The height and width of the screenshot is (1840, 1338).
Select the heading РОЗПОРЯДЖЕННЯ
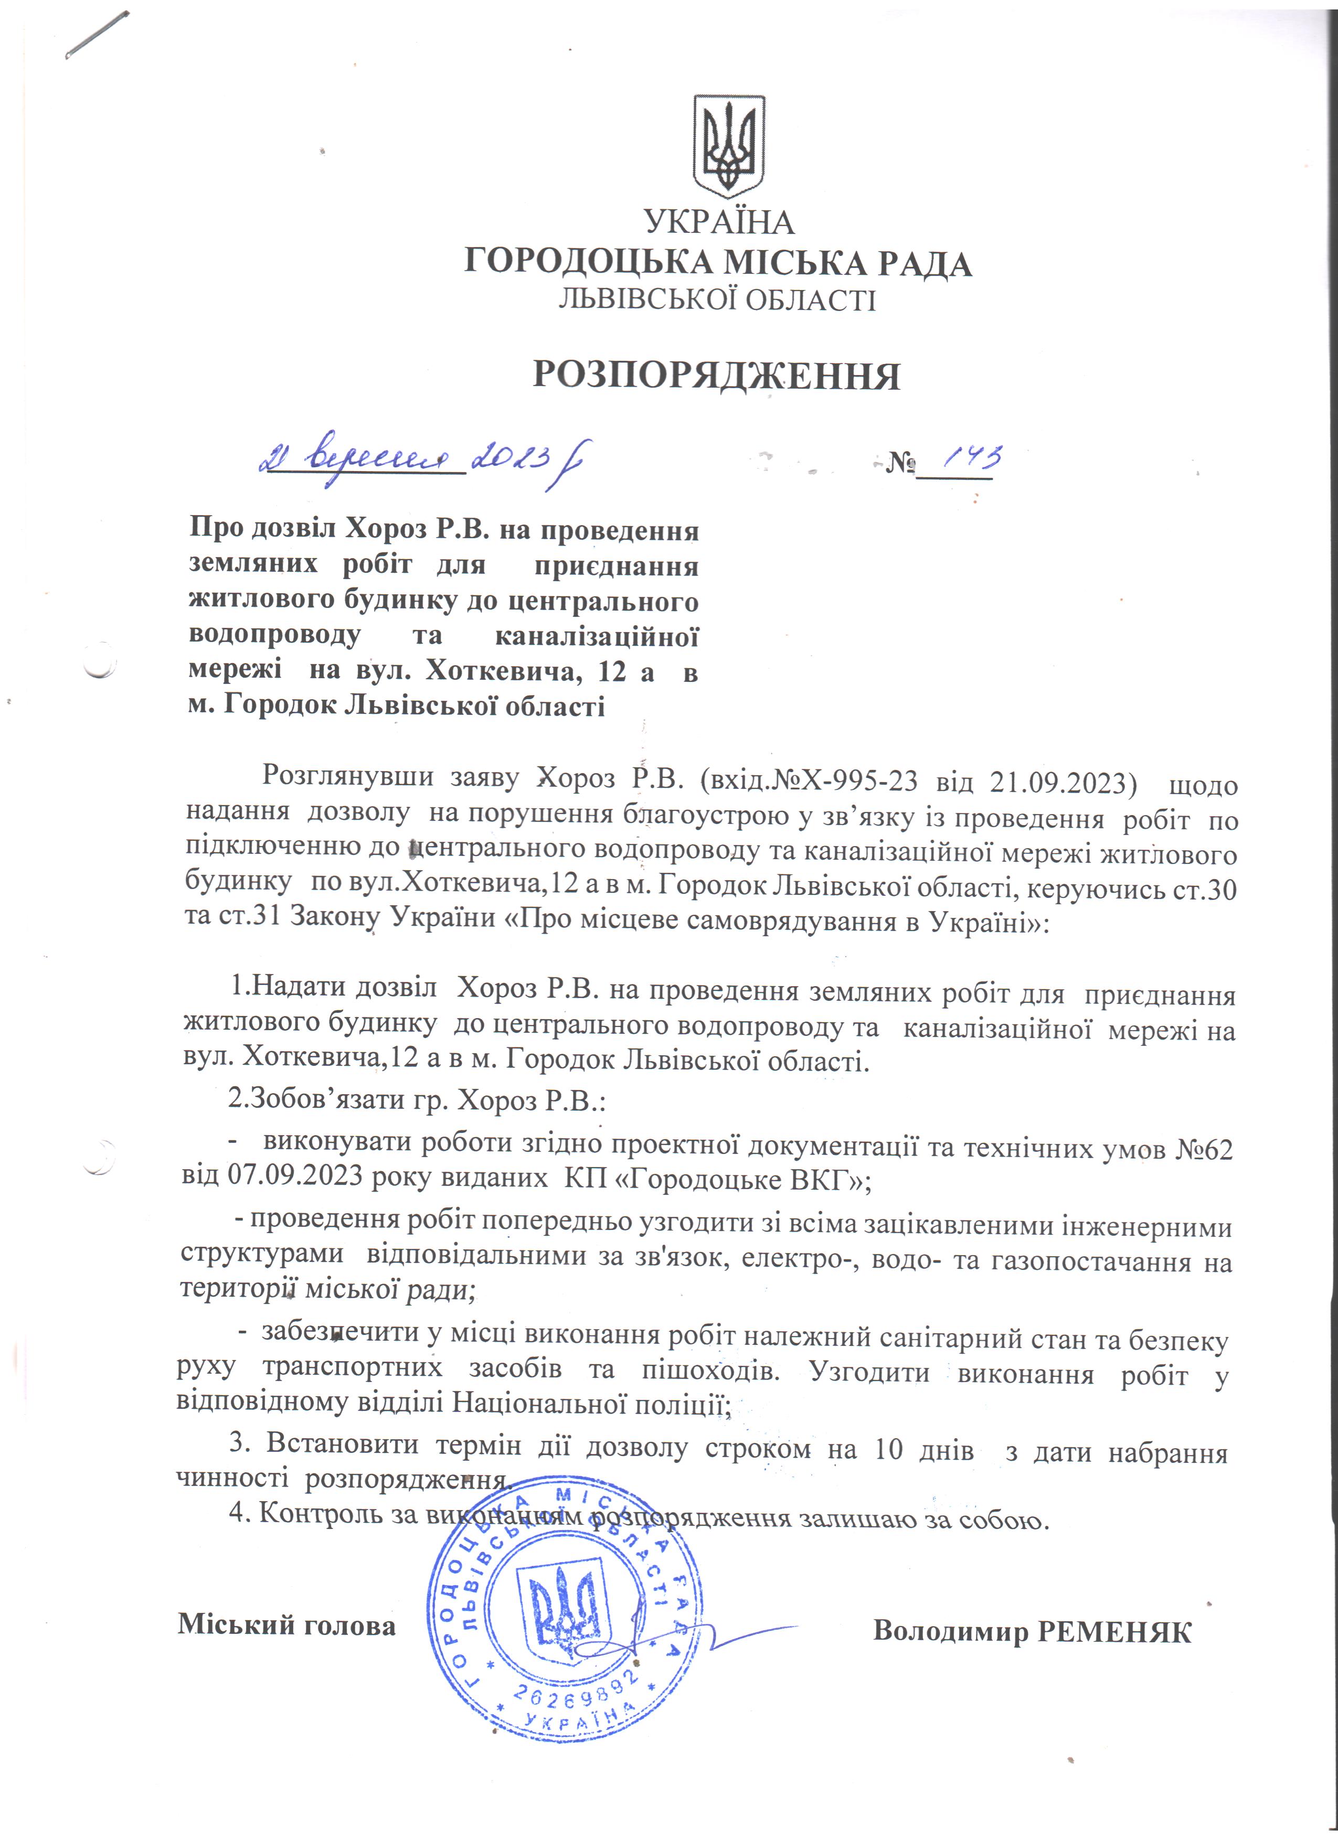pyautogui.click(x=716, y=376)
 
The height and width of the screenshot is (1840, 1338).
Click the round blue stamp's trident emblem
pyautogui.click(x=568, y=1610)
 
